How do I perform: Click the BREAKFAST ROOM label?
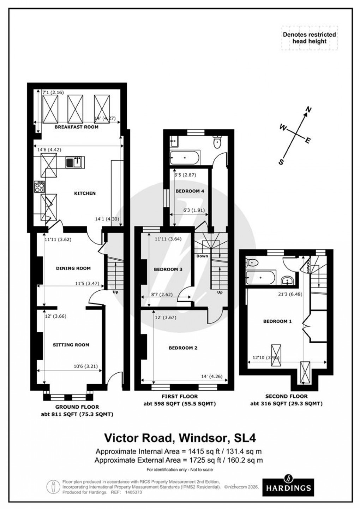[76, 127]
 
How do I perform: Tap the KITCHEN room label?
[85, 193]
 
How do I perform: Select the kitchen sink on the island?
[74, 162]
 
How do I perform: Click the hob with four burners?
[39, 187]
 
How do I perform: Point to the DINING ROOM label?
[73, 268]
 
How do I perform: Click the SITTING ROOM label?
[71, 345]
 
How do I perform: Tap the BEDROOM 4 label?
[190, 191]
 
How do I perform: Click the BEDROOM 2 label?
[183, 348]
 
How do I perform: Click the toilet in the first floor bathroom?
[217, 142]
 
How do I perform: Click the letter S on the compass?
[281, 162]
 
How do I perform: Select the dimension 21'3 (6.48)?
[287, 292]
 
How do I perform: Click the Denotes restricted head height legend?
[309, 38]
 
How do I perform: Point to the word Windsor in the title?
[201, 438]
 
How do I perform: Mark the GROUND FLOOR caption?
[77, 407]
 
